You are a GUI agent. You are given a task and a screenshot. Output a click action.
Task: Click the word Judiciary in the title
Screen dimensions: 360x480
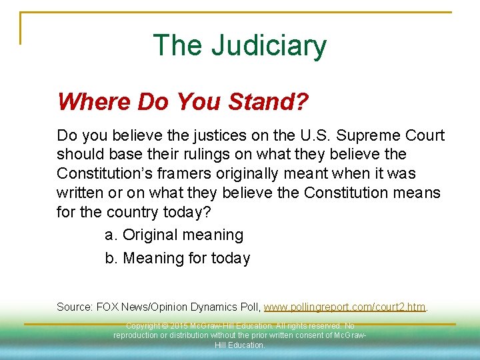coord(269,45)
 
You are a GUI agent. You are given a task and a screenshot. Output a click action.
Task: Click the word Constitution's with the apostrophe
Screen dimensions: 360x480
coord(113,174)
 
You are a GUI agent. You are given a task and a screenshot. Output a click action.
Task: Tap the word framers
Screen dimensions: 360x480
coord(197,174)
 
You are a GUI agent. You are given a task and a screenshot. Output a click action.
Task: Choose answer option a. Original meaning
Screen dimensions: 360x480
coord(175,235)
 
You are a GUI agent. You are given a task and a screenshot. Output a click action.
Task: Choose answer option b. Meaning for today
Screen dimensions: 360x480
coord(178,258)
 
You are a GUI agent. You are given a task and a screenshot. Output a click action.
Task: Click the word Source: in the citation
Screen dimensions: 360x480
coord(75,307)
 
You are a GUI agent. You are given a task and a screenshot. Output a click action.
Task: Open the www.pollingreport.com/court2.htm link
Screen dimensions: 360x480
coord(345,307)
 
